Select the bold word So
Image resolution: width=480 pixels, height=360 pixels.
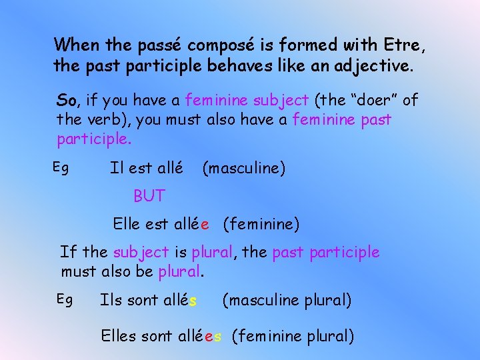tap(67, 101)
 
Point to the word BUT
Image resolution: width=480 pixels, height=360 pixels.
tap(149, 196)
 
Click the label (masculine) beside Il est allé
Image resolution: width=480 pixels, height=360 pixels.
tap(243, 169)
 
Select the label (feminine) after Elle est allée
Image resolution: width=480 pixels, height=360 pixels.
tap(261, 225)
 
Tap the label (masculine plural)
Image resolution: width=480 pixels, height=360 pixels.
tap(287, 301)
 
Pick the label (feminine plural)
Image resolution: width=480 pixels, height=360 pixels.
tap(293, 337)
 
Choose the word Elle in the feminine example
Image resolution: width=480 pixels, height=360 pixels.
tap(127, 224)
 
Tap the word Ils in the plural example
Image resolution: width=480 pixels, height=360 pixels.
tap(111, 301)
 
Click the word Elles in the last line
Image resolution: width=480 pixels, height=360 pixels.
tap(119, 337)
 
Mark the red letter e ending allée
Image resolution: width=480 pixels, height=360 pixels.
tap(205, 225)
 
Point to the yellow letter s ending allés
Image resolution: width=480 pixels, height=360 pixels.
tap(193, 301)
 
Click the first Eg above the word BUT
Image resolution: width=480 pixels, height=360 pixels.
tap(61, 169)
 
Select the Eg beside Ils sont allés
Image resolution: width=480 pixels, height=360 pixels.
tap(64, 299)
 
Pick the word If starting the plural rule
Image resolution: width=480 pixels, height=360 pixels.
tap(68, 252)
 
